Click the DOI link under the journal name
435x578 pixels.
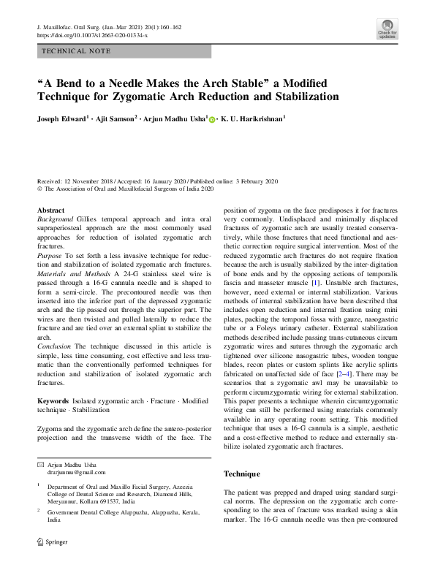(91, 35)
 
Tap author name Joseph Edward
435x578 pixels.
(62, 118)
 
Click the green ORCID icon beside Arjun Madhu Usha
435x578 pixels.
(212, 118)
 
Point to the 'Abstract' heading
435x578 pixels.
(50, 210)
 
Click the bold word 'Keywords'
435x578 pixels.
(53, 402)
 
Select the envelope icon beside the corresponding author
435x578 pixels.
(41, 465)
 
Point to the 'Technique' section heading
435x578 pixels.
(241, 474)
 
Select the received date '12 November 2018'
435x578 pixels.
(91, 180)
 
